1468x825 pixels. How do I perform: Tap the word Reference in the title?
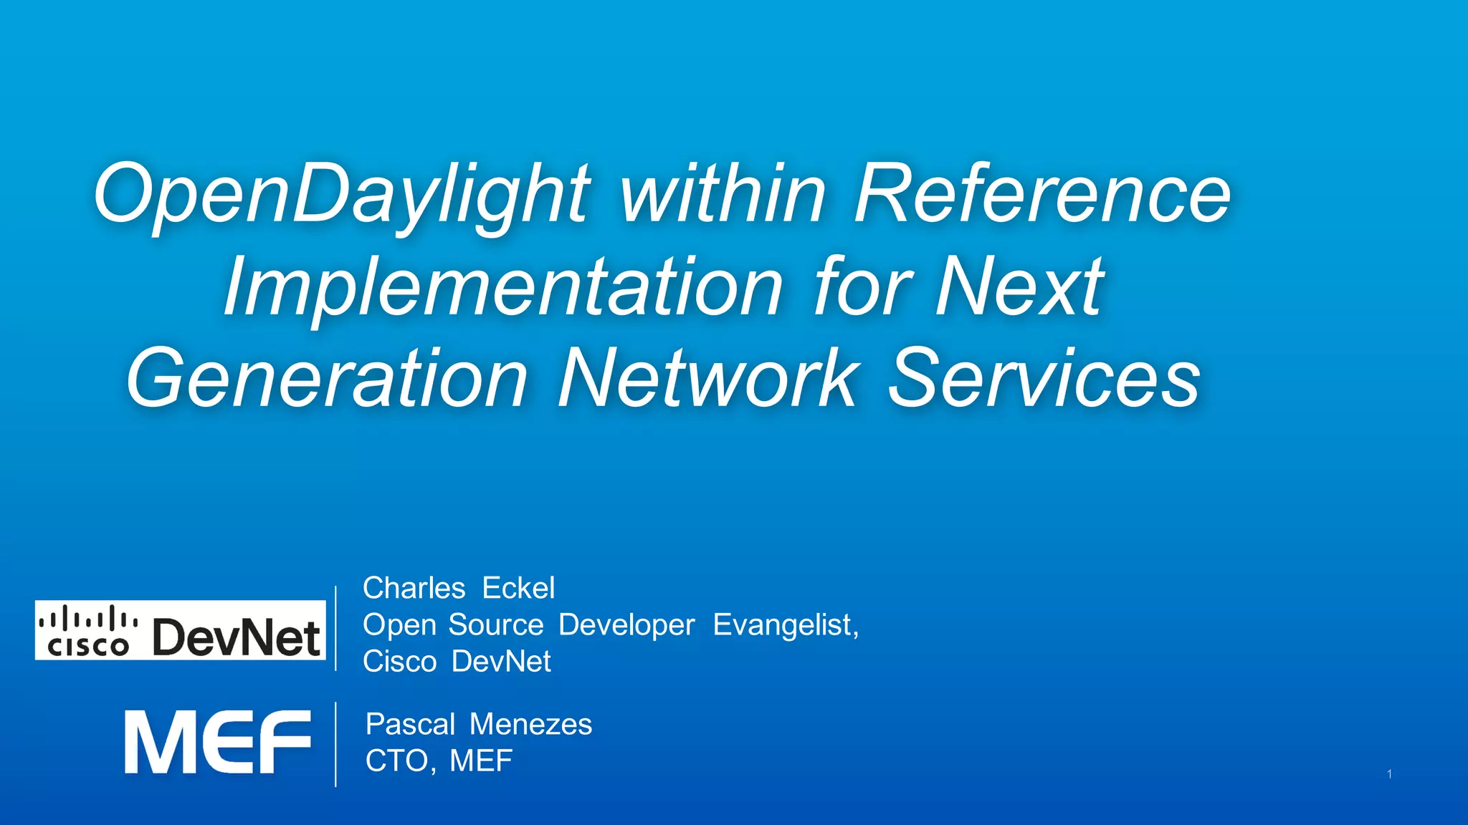click(1042, 193)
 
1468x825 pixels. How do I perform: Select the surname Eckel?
click(518, 588)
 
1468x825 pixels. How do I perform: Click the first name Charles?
click(414, 588)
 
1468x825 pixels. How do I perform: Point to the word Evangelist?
click(785, 625)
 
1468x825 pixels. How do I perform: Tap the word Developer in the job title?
click(626, 625)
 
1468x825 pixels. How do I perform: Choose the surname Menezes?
click(530, 724)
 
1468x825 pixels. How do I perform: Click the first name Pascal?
click(410, 724)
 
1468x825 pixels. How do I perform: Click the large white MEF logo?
click(218, 742)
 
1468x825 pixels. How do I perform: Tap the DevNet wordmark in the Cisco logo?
click(237, 637)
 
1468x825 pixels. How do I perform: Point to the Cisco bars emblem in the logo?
click(87, 618)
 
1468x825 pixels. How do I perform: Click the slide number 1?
click(1389, 774)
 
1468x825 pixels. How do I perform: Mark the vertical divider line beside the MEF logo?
click(335, 745)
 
